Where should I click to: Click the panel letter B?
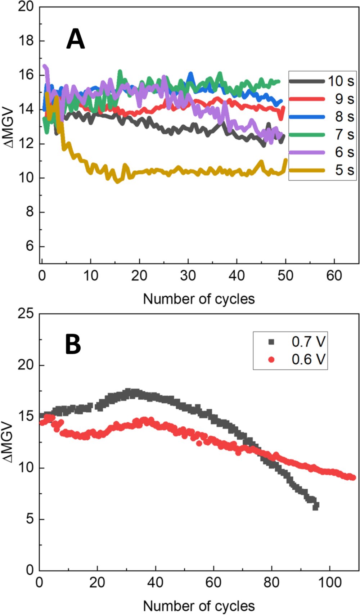73,344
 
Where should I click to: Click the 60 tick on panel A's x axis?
334,275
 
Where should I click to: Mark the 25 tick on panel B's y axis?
26,314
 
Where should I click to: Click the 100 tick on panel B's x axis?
330,582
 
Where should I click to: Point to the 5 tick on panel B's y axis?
30,519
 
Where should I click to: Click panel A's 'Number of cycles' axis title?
199,299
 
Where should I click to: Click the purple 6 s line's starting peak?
45,66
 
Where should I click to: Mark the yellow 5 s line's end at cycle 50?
286,160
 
